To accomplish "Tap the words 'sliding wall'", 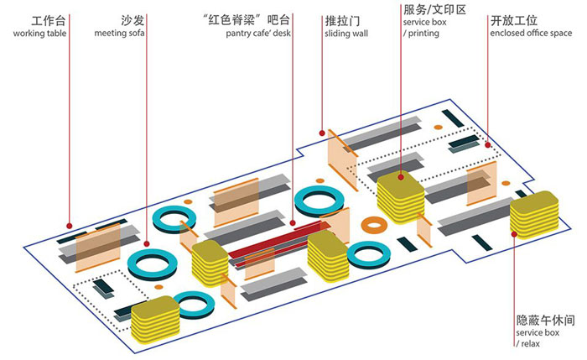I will click(x=345, y=34).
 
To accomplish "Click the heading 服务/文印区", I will click(x=434, y=9).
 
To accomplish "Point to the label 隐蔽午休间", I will click(x=545, y=321).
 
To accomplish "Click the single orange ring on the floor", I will click(x=373, y=224).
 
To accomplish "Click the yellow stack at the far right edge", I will click(x=534, y=215).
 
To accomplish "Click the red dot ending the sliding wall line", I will click(x=321, y=131).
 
